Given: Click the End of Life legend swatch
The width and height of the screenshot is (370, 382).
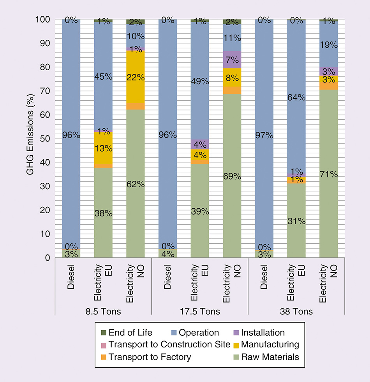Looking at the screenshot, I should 104,333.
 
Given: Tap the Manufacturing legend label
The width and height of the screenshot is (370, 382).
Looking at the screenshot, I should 270,345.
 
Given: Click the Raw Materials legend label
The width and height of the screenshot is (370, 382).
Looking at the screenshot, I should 270,357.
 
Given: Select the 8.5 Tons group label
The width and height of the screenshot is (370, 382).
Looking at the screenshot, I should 103,312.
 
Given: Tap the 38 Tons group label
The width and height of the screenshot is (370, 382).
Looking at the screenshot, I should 296,312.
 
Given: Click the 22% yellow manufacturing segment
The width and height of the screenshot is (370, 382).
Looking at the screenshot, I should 136,77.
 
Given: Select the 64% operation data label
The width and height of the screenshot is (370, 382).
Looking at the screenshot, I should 297,97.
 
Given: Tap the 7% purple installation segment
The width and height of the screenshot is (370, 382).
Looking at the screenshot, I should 232,60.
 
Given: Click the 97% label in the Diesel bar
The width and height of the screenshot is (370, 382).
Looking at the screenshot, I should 264,136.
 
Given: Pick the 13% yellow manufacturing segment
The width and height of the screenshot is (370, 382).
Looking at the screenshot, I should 103,148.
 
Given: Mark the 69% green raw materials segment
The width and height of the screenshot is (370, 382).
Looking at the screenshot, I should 232,176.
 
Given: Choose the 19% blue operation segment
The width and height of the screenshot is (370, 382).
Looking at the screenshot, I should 329,44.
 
